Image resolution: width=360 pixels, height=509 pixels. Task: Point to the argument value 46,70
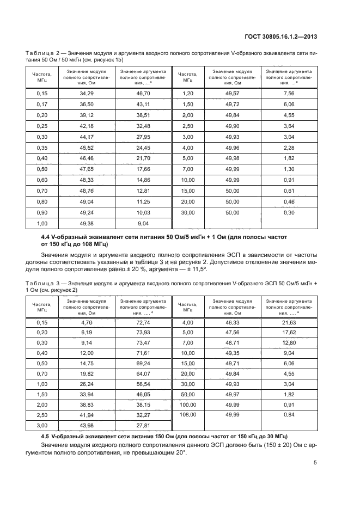143,94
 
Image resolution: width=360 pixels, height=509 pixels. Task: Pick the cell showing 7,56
289,94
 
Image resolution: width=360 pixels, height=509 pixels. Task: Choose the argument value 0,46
289,202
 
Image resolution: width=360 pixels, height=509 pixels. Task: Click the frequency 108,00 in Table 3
188,414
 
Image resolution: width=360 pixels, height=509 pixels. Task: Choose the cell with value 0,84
289,414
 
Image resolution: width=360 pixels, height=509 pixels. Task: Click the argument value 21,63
289,323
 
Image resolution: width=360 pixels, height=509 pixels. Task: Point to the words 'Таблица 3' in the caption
44,285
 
